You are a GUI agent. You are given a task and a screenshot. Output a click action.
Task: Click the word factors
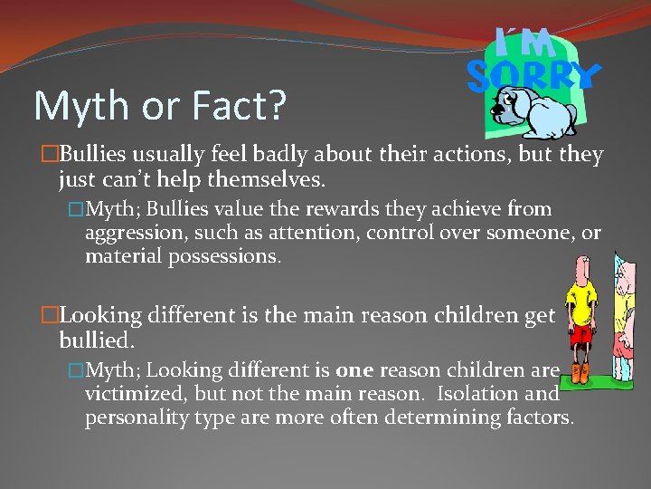coord(539,417)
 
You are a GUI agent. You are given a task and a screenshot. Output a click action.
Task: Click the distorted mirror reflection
coord(625,317)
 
